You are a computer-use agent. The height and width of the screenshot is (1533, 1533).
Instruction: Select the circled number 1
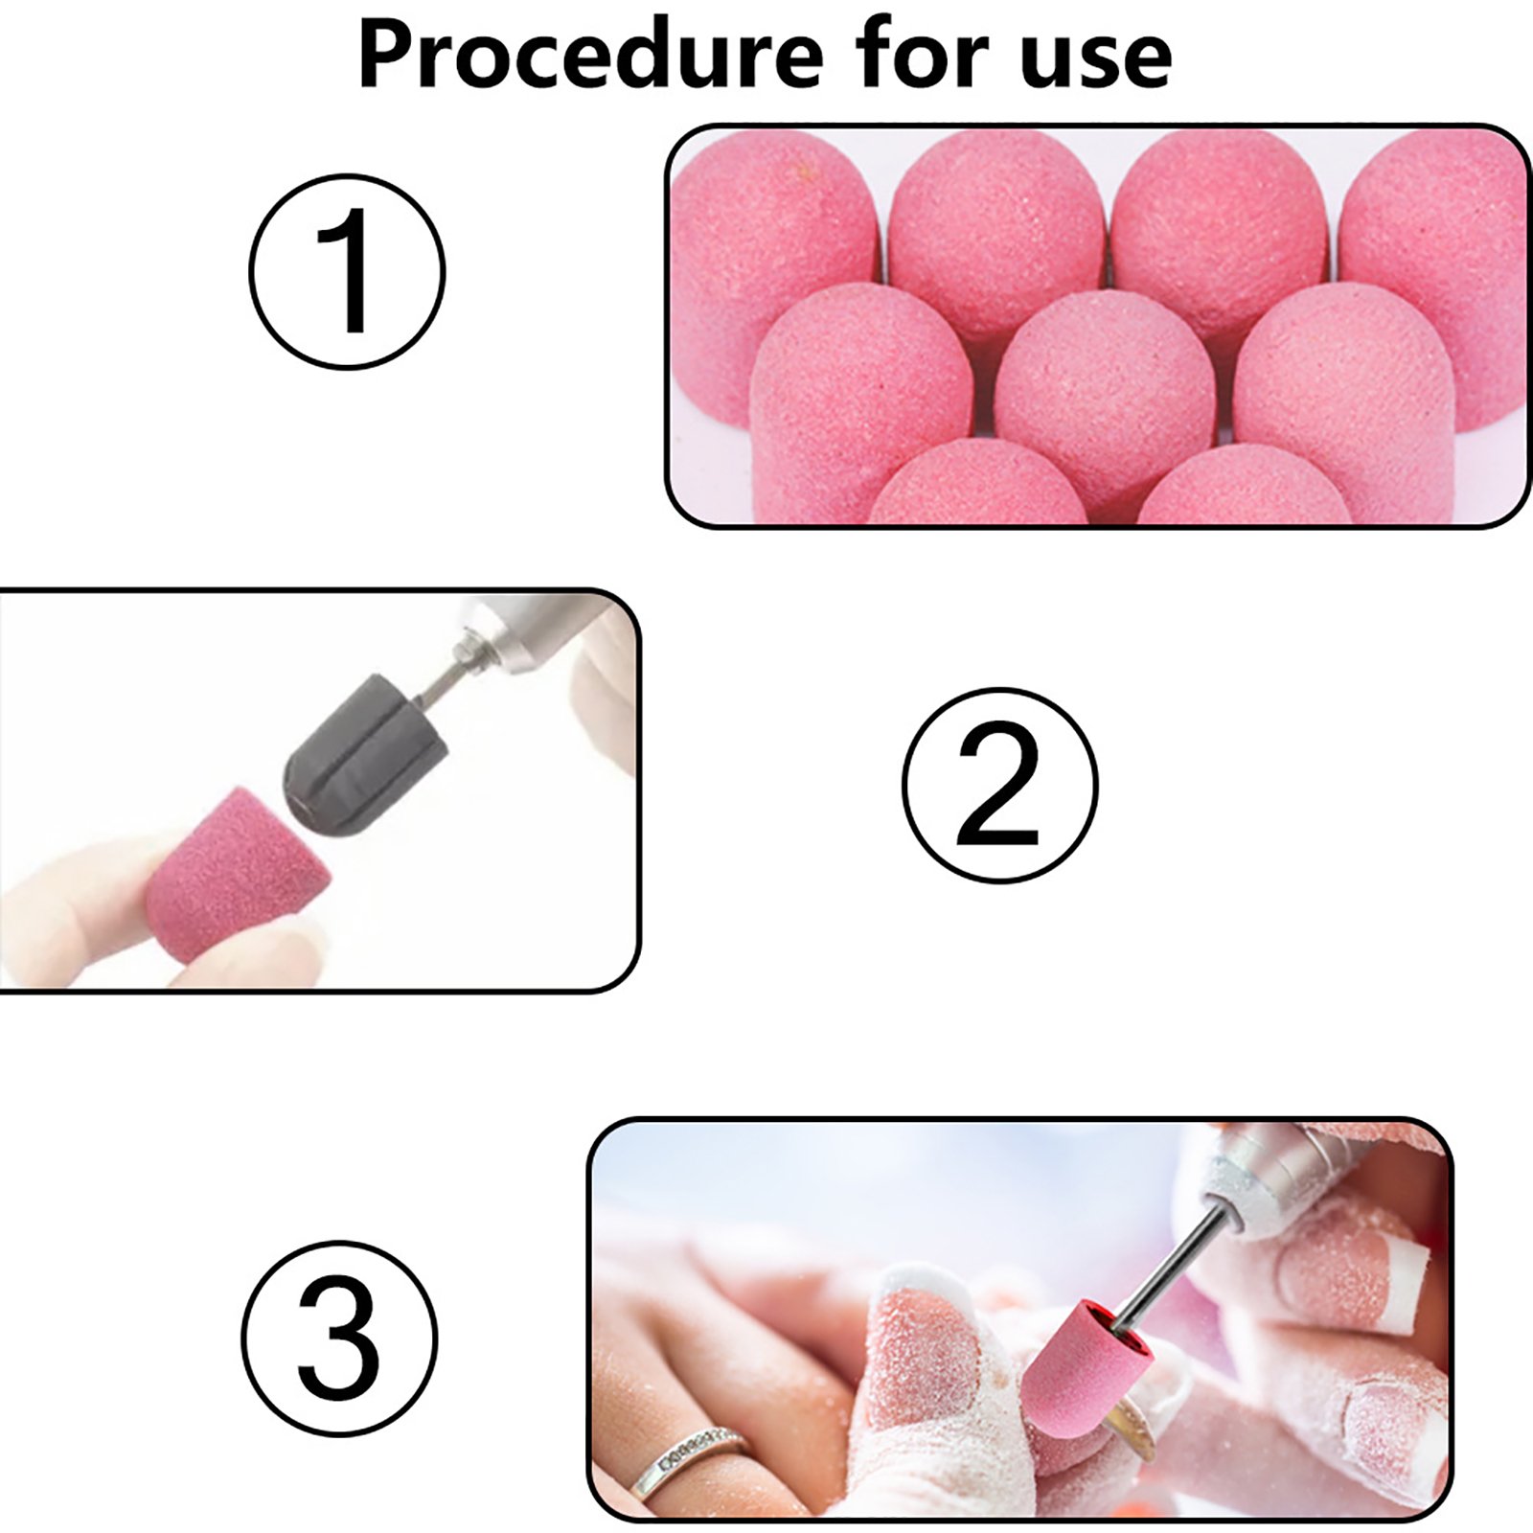click(347, 271)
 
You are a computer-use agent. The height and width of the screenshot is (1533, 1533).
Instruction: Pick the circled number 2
click(999, 785)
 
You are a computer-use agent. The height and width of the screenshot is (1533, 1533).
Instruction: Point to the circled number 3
click(339, 1339)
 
